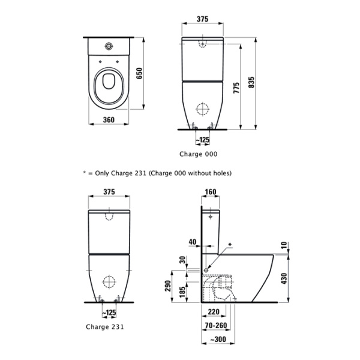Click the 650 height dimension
[x=139, y=73]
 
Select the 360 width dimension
[x=109, y=119]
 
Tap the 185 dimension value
[x=182, y=293]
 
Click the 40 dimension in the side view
[x=192, y=242]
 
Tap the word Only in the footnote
[x=103, y=173]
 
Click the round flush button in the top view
[x=109, y=46]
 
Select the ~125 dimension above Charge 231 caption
[x=109, y=313]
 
